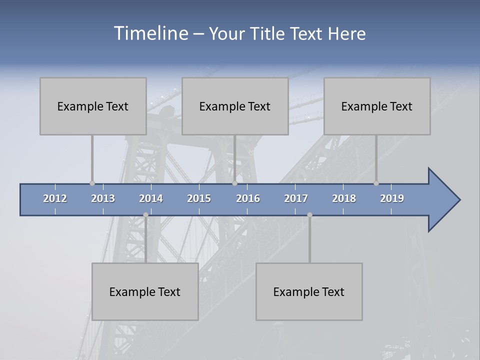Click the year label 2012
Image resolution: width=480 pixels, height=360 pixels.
tap(55, 198)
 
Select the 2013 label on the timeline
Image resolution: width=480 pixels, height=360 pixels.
tap(103, 198)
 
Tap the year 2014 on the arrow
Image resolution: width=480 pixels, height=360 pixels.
tap(151, 198)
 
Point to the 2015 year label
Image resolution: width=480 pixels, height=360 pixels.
tap(199, 198)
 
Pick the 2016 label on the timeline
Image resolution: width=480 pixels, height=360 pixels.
tap(248, 198)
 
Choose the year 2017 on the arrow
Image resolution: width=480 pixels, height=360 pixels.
tap(296, 198)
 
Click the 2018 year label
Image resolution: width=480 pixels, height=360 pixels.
tap(344, 198)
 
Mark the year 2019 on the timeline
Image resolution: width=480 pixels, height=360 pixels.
tap(392, 198)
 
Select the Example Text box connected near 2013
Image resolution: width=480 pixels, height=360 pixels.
tap(93, 106)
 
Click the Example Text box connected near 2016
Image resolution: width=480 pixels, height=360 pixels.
tap(235, 106)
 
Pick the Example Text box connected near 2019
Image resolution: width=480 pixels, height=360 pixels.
tap(377, 106)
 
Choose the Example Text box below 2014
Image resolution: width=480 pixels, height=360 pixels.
tap(145, 291)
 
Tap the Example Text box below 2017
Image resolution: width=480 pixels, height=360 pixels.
tap(309, 291)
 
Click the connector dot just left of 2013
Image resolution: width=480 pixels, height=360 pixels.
tap(92, 183)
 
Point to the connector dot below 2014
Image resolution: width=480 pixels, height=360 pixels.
tap(145, 215)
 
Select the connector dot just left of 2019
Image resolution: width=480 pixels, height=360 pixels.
tap(376, 183)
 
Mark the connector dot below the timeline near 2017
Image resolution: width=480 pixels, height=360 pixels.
tap(309, 215)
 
